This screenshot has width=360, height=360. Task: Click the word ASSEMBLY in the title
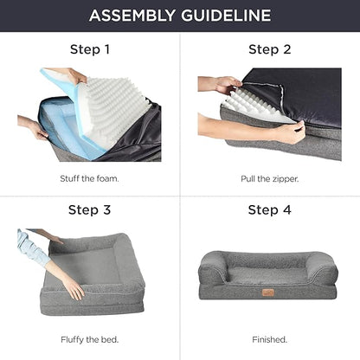click(x=132, y=16)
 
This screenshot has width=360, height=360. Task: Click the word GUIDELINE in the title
click(x=226, y=16)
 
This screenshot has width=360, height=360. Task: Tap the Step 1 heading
click(x=90, y=49)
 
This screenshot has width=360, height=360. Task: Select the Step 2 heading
click(x=269, y=49)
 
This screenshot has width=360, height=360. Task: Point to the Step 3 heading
click(x=89, y=209)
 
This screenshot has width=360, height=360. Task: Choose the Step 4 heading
click(x=269, y=209)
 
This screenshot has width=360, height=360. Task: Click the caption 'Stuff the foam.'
click(x=89, y=178)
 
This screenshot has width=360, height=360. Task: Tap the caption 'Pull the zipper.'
click(x=270, y=179)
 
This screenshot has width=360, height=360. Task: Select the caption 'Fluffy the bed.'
click(x=89, y=339)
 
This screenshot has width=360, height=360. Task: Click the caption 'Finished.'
click(x=270, y=339)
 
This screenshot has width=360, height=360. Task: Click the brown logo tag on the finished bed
click(x=268, y=292)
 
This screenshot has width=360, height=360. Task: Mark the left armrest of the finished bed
click(x=213, y=269)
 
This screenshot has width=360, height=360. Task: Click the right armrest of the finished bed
click(x=323, y=269)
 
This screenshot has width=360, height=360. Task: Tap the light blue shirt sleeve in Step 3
click(x=32, y=247)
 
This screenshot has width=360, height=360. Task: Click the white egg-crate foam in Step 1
click(x=116, y=107)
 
